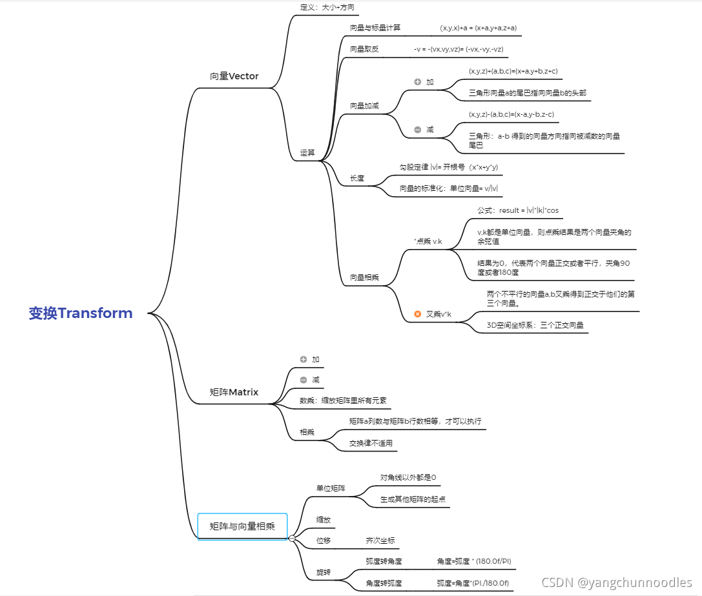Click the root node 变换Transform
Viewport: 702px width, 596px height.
pos(81,313)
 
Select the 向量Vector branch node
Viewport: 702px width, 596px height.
pos(234,76)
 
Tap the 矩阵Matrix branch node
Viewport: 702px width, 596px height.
pos(234,392)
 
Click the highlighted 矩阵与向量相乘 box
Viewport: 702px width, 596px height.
pos(242,526)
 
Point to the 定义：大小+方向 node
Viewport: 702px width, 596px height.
pos(327,8)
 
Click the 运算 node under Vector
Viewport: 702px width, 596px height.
pos(307,153)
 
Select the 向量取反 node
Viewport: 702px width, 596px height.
pos(364,49)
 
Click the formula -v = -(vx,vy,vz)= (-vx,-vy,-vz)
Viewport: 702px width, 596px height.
pos(459,49)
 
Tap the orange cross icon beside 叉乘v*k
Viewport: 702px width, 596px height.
pos(418,314)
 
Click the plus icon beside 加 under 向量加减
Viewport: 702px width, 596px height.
pos(417,82)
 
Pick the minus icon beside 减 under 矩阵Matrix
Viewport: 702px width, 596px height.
pos(304,380)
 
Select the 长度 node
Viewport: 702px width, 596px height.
pos(357,179)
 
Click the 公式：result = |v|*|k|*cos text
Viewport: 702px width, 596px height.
pos(518,210)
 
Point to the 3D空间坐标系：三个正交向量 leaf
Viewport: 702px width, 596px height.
pos(535,326)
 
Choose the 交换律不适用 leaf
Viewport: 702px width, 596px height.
pos(371,443)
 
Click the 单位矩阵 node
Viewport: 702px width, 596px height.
pos(331,488)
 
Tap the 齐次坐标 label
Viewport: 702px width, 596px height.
pos(380,541)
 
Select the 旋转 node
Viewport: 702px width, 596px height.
pos(323,572)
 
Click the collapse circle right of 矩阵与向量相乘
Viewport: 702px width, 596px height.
pos(292,538)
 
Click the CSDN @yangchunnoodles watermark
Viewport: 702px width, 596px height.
pos(616,582)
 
